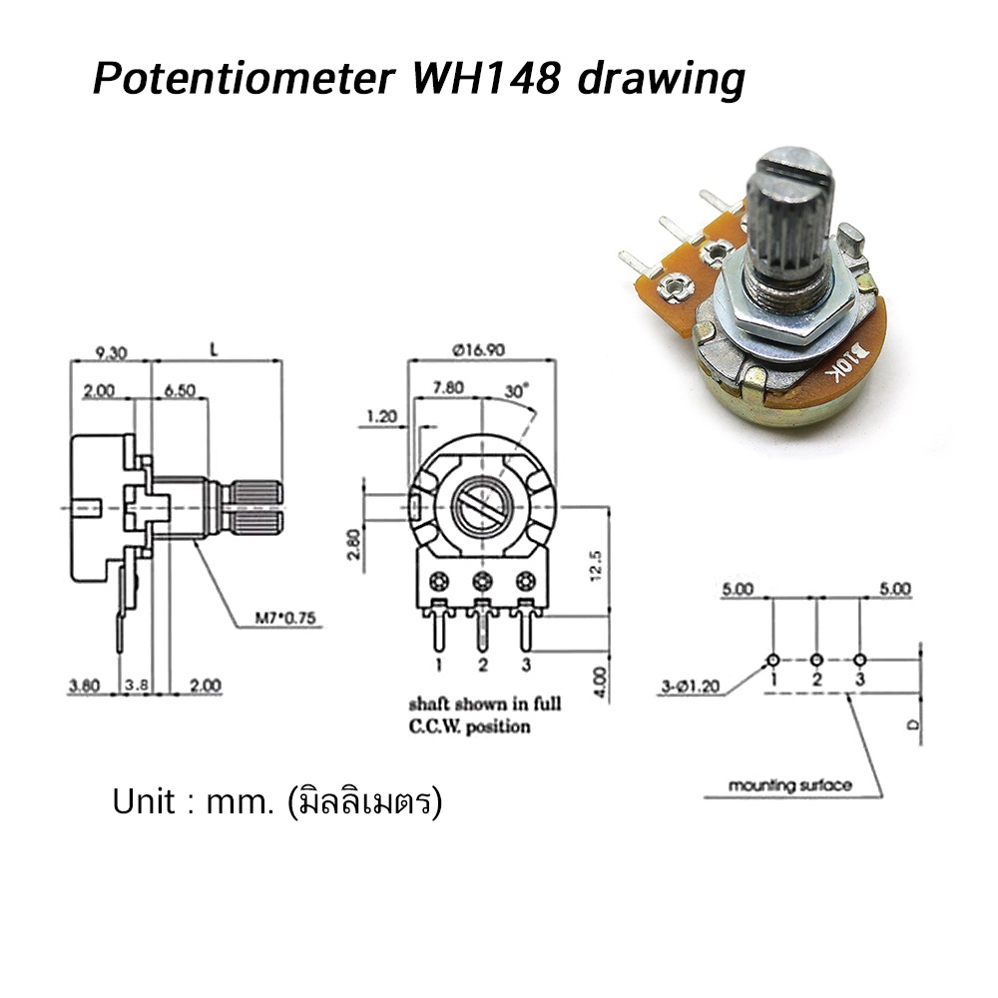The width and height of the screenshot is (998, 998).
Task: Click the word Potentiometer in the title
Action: (241, 79)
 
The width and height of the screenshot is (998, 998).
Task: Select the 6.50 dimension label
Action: (180, 391)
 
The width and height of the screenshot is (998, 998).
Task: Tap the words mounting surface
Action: (789, 785)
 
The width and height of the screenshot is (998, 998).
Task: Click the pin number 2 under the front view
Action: (482, 664)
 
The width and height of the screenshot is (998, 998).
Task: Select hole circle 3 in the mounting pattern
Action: (860, 661)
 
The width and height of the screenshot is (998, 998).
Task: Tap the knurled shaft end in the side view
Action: (257, 507)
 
